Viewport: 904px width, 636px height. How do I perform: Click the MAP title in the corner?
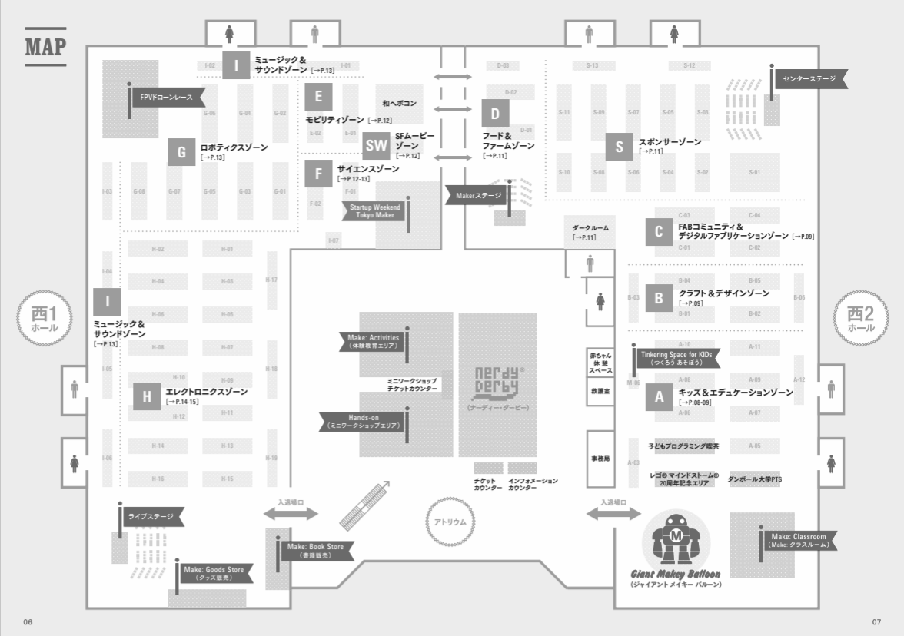[45, 46]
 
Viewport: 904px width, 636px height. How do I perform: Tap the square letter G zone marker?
[181, 152]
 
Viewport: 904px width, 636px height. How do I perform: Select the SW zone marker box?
[377, 144]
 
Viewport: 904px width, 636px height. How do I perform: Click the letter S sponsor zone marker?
[620, 147]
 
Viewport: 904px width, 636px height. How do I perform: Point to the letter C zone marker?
[659, 231]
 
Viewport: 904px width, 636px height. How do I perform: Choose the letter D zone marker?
[496, 114]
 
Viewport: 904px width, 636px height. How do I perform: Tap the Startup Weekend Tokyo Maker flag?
[374, 211]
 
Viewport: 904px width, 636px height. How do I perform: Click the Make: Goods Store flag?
[213, 573]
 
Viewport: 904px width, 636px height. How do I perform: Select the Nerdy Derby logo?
[498, 381]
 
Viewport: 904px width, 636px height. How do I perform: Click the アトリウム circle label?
[450, 522]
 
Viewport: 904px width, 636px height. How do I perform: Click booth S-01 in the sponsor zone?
[754, 172]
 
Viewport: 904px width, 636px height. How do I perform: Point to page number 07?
[876, 621]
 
